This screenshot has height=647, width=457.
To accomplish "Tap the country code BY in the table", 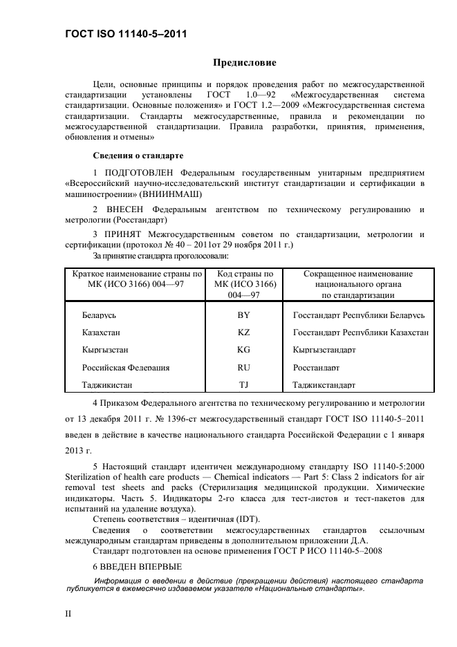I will (x=243, y=315).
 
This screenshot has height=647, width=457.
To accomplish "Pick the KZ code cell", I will (x=243, y=332).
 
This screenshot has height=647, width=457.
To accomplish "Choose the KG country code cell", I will (x=243, y=350).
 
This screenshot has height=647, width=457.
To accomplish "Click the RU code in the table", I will (x=243, y=368).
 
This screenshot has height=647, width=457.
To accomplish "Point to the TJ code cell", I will (x=243, y=385).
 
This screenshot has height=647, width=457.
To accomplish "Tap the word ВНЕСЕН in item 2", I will (x=124, y=209).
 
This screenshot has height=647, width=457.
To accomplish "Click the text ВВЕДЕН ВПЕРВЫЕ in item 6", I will (x=137, y=566).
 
